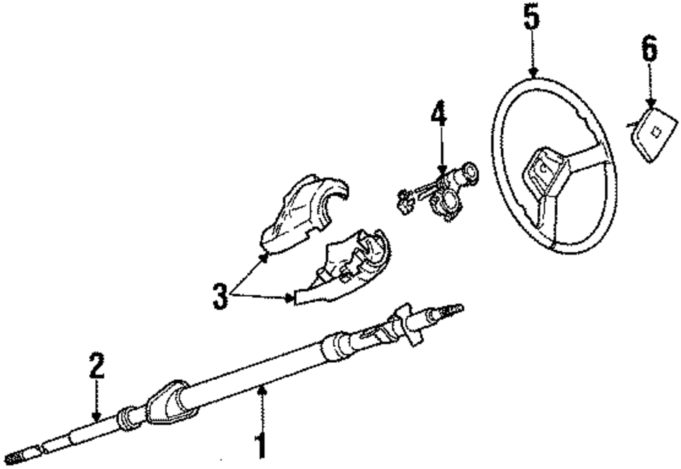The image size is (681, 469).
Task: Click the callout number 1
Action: point(260,446)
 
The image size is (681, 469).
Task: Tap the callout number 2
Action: point(97,366)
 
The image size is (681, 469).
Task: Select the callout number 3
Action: point(219,297)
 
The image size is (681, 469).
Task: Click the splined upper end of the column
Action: point(446,312)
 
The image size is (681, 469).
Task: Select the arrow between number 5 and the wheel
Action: point(533,54)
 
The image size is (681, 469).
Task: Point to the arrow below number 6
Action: point(650,84)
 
